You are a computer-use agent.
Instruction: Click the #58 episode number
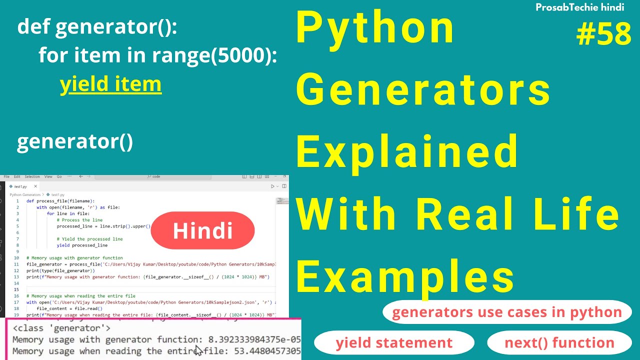(x=603, y=34)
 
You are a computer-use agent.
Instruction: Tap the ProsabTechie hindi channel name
(x=579, y=7)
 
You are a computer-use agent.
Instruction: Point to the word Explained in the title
(x=407, y=151)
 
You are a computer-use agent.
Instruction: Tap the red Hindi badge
(x=202, y=230)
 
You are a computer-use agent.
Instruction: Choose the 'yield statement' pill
(x=394, y=343)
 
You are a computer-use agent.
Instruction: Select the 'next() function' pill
(x=559, y=343)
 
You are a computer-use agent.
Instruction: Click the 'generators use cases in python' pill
(x=506, y=312)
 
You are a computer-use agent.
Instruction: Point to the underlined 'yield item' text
(x=110, y=84)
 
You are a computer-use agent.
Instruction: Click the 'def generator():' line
(x=97, y=27)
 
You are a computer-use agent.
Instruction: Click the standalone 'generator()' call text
(x=75, y=142)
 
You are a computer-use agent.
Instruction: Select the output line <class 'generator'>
(x=61, y=328)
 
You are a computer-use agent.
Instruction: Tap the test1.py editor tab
(x=21, y=186)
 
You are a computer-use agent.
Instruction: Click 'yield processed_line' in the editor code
(x=82, y=245)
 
